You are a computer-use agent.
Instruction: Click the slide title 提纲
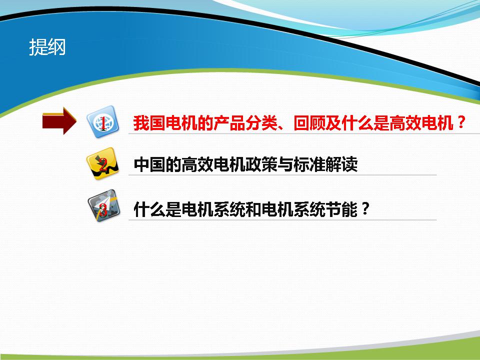click(47, 47)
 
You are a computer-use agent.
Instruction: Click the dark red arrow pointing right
click(59, 121)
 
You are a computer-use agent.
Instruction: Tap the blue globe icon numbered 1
click(103, 122)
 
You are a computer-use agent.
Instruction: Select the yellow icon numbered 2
click(102, 164)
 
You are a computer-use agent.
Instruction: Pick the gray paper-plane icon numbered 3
click(103, 205)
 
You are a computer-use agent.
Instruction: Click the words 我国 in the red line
click(149, 123)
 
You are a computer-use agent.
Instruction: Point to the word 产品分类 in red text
click(245, 123)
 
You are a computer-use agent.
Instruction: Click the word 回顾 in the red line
click(309, 123)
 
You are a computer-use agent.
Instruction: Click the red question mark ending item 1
click(460, 122)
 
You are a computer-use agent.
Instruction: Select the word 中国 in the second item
click(149, 164)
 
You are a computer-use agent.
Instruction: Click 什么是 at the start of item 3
click(157, 209)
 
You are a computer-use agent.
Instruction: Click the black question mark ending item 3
click(365, 209)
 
